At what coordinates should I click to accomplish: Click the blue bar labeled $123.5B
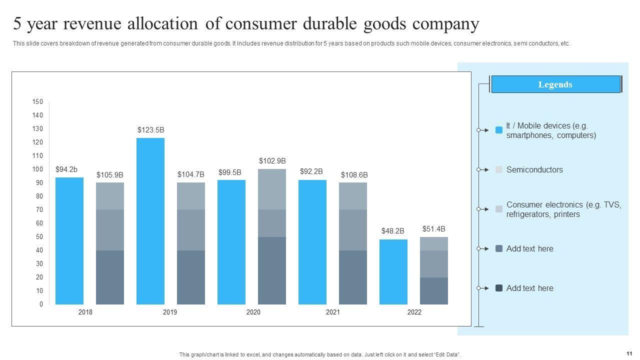coord(150,220)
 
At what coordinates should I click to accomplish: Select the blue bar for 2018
coord(69,240)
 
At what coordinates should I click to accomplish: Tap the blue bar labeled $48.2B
coord(393,271)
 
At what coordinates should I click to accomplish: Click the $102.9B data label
coord(272,161)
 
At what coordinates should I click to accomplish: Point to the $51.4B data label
coord(434,229)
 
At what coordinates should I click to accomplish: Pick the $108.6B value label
coord(354,175)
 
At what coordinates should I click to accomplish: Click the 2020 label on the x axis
coord(253,312)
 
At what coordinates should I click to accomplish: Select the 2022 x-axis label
coord(414,312)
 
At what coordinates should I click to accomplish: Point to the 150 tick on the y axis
coord(38,102)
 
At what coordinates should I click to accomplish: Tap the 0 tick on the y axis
coord(41,304)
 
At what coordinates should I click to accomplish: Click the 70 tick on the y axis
coord(39,210)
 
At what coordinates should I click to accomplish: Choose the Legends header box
coord(555,84)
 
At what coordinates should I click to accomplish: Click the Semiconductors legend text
coord(534,170)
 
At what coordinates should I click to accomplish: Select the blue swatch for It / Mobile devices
coord(499,130)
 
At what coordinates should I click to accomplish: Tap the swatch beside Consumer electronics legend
coord(499,209)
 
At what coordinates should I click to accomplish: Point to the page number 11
coord(628,352)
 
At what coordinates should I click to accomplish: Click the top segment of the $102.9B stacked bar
coord(272,189)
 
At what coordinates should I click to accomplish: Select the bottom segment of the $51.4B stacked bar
coord(434,290)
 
